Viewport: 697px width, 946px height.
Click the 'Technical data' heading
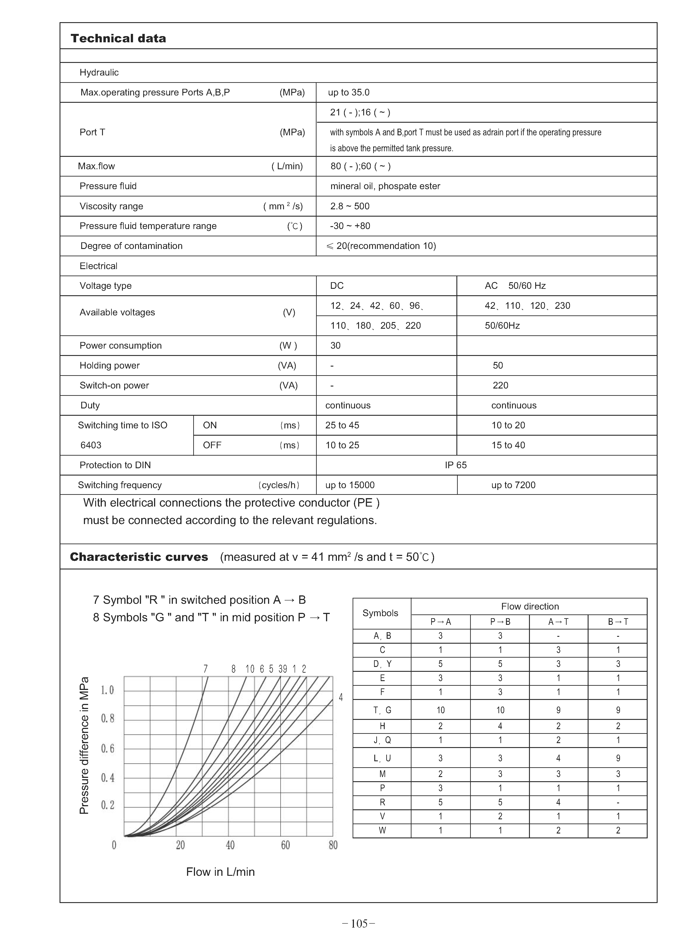click(119, 38)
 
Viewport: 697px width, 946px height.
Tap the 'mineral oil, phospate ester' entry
click(385, 186)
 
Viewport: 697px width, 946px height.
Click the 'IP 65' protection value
click(456, 465)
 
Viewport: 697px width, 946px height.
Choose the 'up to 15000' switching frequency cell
click(350, 485)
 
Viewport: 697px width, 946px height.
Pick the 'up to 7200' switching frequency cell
click(513, 485)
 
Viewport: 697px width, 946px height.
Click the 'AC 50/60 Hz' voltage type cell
click(515, 286)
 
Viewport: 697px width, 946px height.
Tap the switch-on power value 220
click(500, 385)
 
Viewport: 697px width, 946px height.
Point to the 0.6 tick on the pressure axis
click(108, 748)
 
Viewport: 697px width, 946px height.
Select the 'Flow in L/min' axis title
click(220, 872)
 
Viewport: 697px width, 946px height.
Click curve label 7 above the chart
click(205, 669)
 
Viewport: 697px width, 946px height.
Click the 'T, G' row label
click(382, 710)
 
